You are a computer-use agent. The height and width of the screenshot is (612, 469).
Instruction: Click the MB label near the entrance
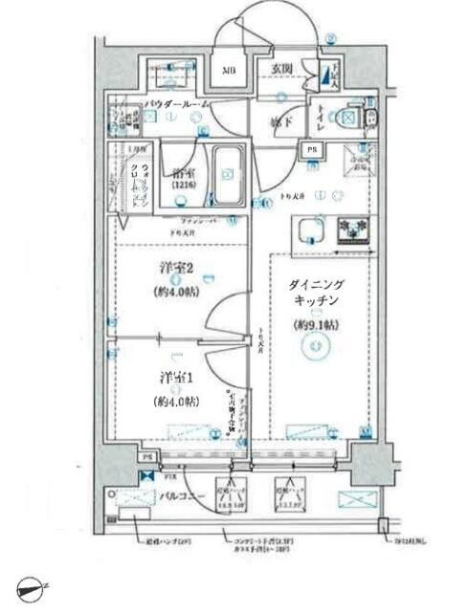pyautogui.click(x=231, y=71)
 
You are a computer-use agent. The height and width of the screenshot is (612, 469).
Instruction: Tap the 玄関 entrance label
pyautogui.click(x=281, y=69)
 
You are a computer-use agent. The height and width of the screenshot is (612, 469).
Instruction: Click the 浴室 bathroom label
pyautogui.click(x=185, y=175)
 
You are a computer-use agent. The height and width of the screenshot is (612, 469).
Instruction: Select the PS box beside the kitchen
pyautogui.click(x=313, y=149)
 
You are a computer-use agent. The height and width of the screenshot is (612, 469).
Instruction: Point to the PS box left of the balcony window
pyautogui.click(x=146, y=457)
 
